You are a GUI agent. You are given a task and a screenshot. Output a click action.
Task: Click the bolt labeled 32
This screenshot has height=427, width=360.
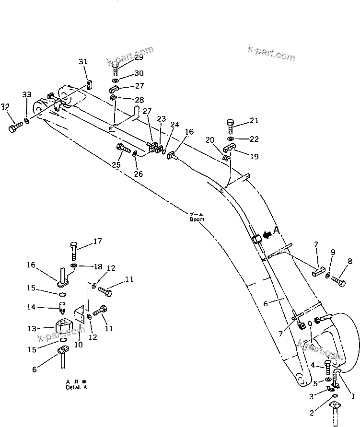pos(15,127)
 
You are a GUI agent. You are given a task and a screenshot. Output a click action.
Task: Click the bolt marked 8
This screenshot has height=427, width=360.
pos(338,281)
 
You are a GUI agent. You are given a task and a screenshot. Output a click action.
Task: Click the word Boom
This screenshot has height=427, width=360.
pos(197,219)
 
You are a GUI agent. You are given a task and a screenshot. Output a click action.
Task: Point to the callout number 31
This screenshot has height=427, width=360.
pos(83,61)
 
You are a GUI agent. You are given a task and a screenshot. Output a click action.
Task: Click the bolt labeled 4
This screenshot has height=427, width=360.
pos(327,368)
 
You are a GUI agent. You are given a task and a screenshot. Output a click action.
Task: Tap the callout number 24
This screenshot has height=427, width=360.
pos(175,124)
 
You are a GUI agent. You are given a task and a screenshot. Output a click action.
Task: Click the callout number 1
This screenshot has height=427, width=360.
pos(353,396)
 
